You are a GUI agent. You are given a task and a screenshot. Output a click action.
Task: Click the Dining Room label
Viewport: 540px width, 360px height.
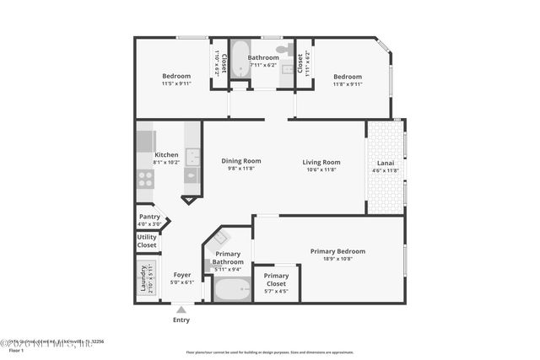pos(241,161)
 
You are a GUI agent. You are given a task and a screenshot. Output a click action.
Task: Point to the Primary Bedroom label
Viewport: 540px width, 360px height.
pos(337,251)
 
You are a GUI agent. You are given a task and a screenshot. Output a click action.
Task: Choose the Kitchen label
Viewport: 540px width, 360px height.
pos(166,155)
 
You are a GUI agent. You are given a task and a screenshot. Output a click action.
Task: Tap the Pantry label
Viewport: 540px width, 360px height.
pos(148,216)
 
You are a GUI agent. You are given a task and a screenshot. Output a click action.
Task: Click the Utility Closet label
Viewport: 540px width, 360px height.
pos(147,241)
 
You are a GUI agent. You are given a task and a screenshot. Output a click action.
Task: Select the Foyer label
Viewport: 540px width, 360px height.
pos(181,275)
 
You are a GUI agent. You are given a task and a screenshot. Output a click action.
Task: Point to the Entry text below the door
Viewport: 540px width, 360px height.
pos(181,320)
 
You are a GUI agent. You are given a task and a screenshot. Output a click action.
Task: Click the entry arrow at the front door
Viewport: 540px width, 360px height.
pos(181,309)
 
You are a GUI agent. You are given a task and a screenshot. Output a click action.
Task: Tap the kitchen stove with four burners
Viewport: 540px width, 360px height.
pos(146,179)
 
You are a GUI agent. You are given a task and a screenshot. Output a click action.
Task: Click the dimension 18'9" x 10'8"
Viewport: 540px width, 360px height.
pos(337,260)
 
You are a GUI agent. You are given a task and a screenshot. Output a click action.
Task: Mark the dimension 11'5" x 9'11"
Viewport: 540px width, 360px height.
pos(177,83)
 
